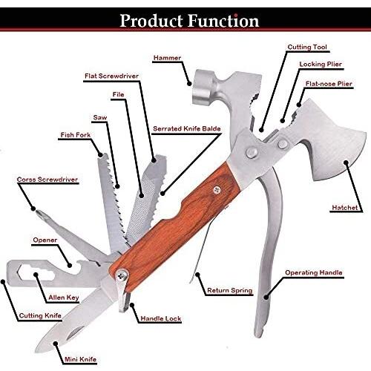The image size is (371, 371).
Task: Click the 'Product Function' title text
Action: tap(189, 21)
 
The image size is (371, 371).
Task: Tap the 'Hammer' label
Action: tap(167, 58)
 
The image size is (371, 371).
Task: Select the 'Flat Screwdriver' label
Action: tap(111, 76)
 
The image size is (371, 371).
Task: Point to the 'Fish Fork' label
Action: tap(76, 135)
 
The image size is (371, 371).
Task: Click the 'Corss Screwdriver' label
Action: tap(47, 180)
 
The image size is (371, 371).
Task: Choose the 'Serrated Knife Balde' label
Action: tap(187, 128)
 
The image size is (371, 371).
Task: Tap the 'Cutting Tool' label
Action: tap(307, 47)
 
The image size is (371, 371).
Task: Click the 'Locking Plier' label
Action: tap(321, 65)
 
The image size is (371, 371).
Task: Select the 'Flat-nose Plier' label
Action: tap(329, 84)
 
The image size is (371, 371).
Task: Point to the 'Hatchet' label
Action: tap(344, 208)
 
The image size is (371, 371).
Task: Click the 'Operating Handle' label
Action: tap(314, 273)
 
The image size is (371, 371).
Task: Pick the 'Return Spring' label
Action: tap(230, 290)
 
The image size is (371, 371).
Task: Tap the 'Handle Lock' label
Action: tap(161, 318)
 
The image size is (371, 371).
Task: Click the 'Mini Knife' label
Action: tap(80, 359)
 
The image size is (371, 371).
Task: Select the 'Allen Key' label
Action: tap(64, 298)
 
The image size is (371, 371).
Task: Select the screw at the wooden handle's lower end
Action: tap(122, 275)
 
